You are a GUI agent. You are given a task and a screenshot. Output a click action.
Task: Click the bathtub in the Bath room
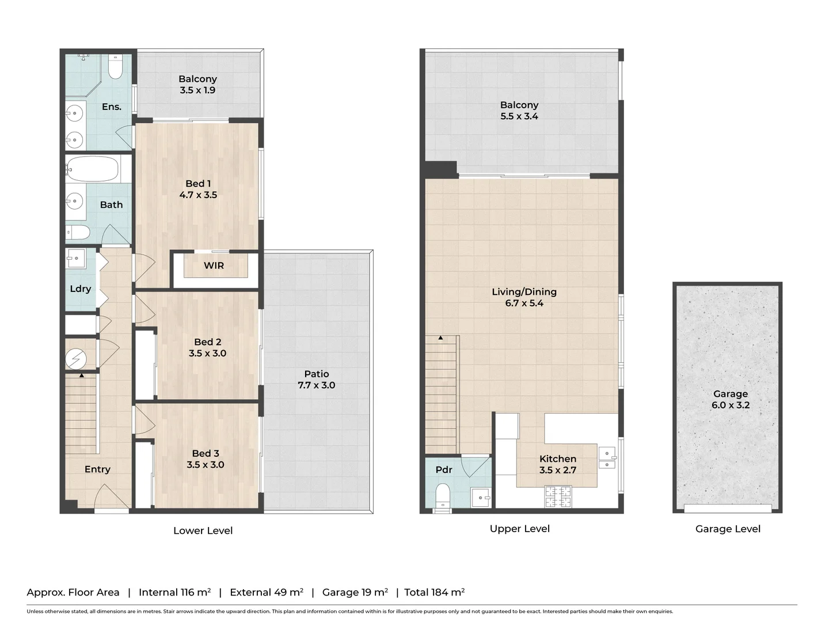pyautogui.click(x=93, y=169)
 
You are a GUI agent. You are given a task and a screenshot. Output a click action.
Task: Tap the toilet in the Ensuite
pyautogui.click(x=115, y=67)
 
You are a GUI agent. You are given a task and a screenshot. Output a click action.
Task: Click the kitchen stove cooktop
pyautogui.click(x=558, y=497)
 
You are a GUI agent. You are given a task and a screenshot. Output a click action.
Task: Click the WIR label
pyautogui.click(x=214, y=266)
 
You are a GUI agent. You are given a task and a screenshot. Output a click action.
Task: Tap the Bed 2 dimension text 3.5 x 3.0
pyautogui.click(x=207, y=353)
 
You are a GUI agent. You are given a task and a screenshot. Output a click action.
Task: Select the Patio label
pyautogui.click(x=316, y=374)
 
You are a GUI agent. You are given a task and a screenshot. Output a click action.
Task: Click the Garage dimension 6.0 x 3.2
pyautogui.click(x=730, y=405)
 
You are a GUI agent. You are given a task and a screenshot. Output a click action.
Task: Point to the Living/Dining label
pyautogui.click(x=524, y=291)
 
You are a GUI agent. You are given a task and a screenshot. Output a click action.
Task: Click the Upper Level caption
pyautogui.click(x=519, y=529)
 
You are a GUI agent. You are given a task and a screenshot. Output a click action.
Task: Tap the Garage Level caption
pyautogui.click(x=728, y=529)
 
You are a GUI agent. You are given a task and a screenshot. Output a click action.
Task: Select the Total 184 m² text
pyautogui.click(x=434, y=592)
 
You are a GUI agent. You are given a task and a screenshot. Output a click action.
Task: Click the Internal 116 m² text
pyautogui.click(x=174, y=592)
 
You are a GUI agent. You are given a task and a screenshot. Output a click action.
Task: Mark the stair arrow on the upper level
pyautogui.click(x=440, y=338)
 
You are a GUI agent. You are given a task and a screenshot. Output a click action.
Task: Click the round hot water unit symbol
pyautogui.click(x=75, y=359)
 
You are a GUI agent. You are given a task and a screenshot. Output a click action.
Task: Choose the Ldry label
pyautogui.click(x=80, y=289)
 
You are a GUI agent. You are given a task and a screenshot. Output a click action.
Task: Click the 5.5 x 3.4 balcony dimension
pyautogui.click(x=519, y=116)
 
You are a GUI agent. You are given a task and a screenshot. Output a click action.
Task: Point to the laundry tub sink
pyautogui.click(x=75, y=258)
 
